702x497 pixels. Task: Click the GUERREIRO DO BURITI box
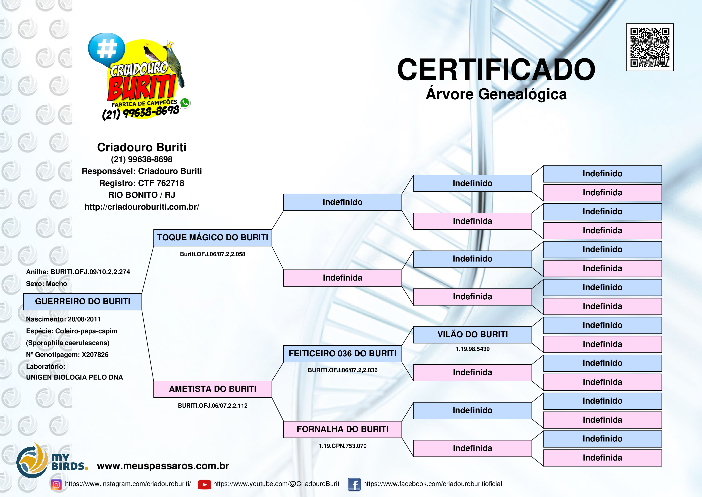pos(83,301)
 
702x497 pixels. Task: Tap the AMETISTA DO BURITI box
pos(213,389)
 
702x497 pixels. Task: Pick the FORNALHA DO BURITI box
pos(342,429)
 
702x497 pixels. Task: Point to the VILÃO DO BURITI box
pos(472,334)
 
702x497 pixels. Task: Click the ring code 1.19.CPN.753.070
pos(342,446)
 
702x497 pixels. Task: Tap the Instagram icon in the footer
pos(56,484)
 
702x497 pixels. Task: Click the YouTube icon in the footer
pos(204,484)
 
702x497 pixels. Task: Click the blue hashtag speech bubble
pos(106,48)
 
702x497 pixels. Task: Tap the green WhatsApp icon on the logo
pos(185,103)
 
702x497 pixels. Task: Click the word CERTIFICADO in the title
pos(496,70)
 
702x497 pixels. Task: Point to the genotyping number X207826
pos(95,355)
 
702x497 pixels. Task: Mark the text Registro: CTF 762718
pos(141,183)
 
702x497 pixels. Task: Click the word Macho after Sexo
pos(57,284)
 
